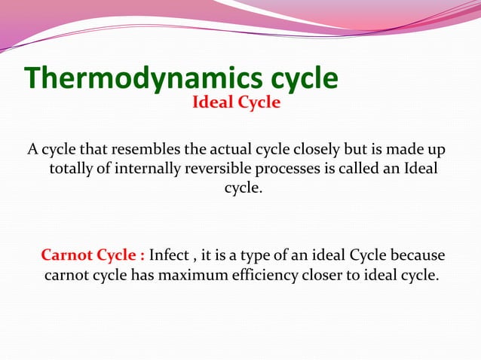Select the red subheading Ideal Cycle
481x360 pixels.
(x=236, y=102)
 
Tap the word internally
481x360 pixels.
(x=143, y=167)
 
